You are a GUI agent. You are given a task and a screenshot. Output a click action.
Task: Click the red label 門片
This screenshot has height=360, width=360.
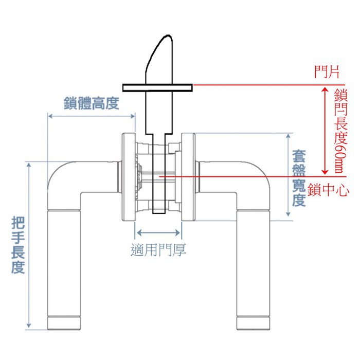coord(327,72)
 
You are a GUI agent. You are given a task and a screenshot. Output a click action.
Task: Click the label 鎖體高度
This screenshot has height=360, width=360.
coord(91,103)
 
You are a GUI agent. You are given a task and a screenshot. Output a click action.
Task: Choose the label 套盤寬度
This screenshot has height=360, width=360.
coord(299,177)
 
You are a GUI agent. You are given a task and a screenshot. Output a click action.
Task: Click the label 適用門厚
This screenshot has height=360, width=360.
coord(158,250)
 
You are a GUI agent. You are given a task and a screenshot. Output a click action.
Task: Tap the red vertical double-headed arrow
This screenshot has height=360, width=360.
coord(325,131)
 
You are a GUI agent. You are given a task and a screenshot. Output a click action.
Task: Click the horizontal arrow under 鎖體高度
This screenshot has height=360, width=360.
coord(91,116)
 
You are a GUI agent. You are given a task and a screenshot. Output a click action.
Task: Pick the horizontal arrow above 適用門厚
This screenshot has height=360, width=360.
coord(158,231)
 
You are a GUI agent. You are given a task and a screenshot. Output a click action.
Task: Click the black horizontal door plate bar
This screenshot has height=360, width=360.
coord(157,86)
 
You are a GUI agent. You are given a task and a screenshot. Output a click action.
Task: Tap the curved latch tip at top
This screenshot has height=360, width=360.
coord(159,57)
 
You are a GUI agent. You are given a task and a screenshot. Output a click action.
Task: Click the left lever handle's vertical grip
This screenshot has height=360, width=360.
coord(64,262)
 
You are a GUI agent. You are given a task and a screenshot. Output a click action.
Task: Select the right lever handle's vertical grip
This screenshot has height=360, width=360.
coord(253,262)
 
